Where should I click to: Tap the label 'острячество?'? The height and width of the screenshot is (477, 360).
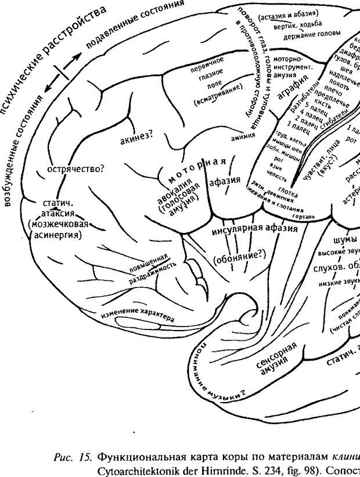pos(75,169)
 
